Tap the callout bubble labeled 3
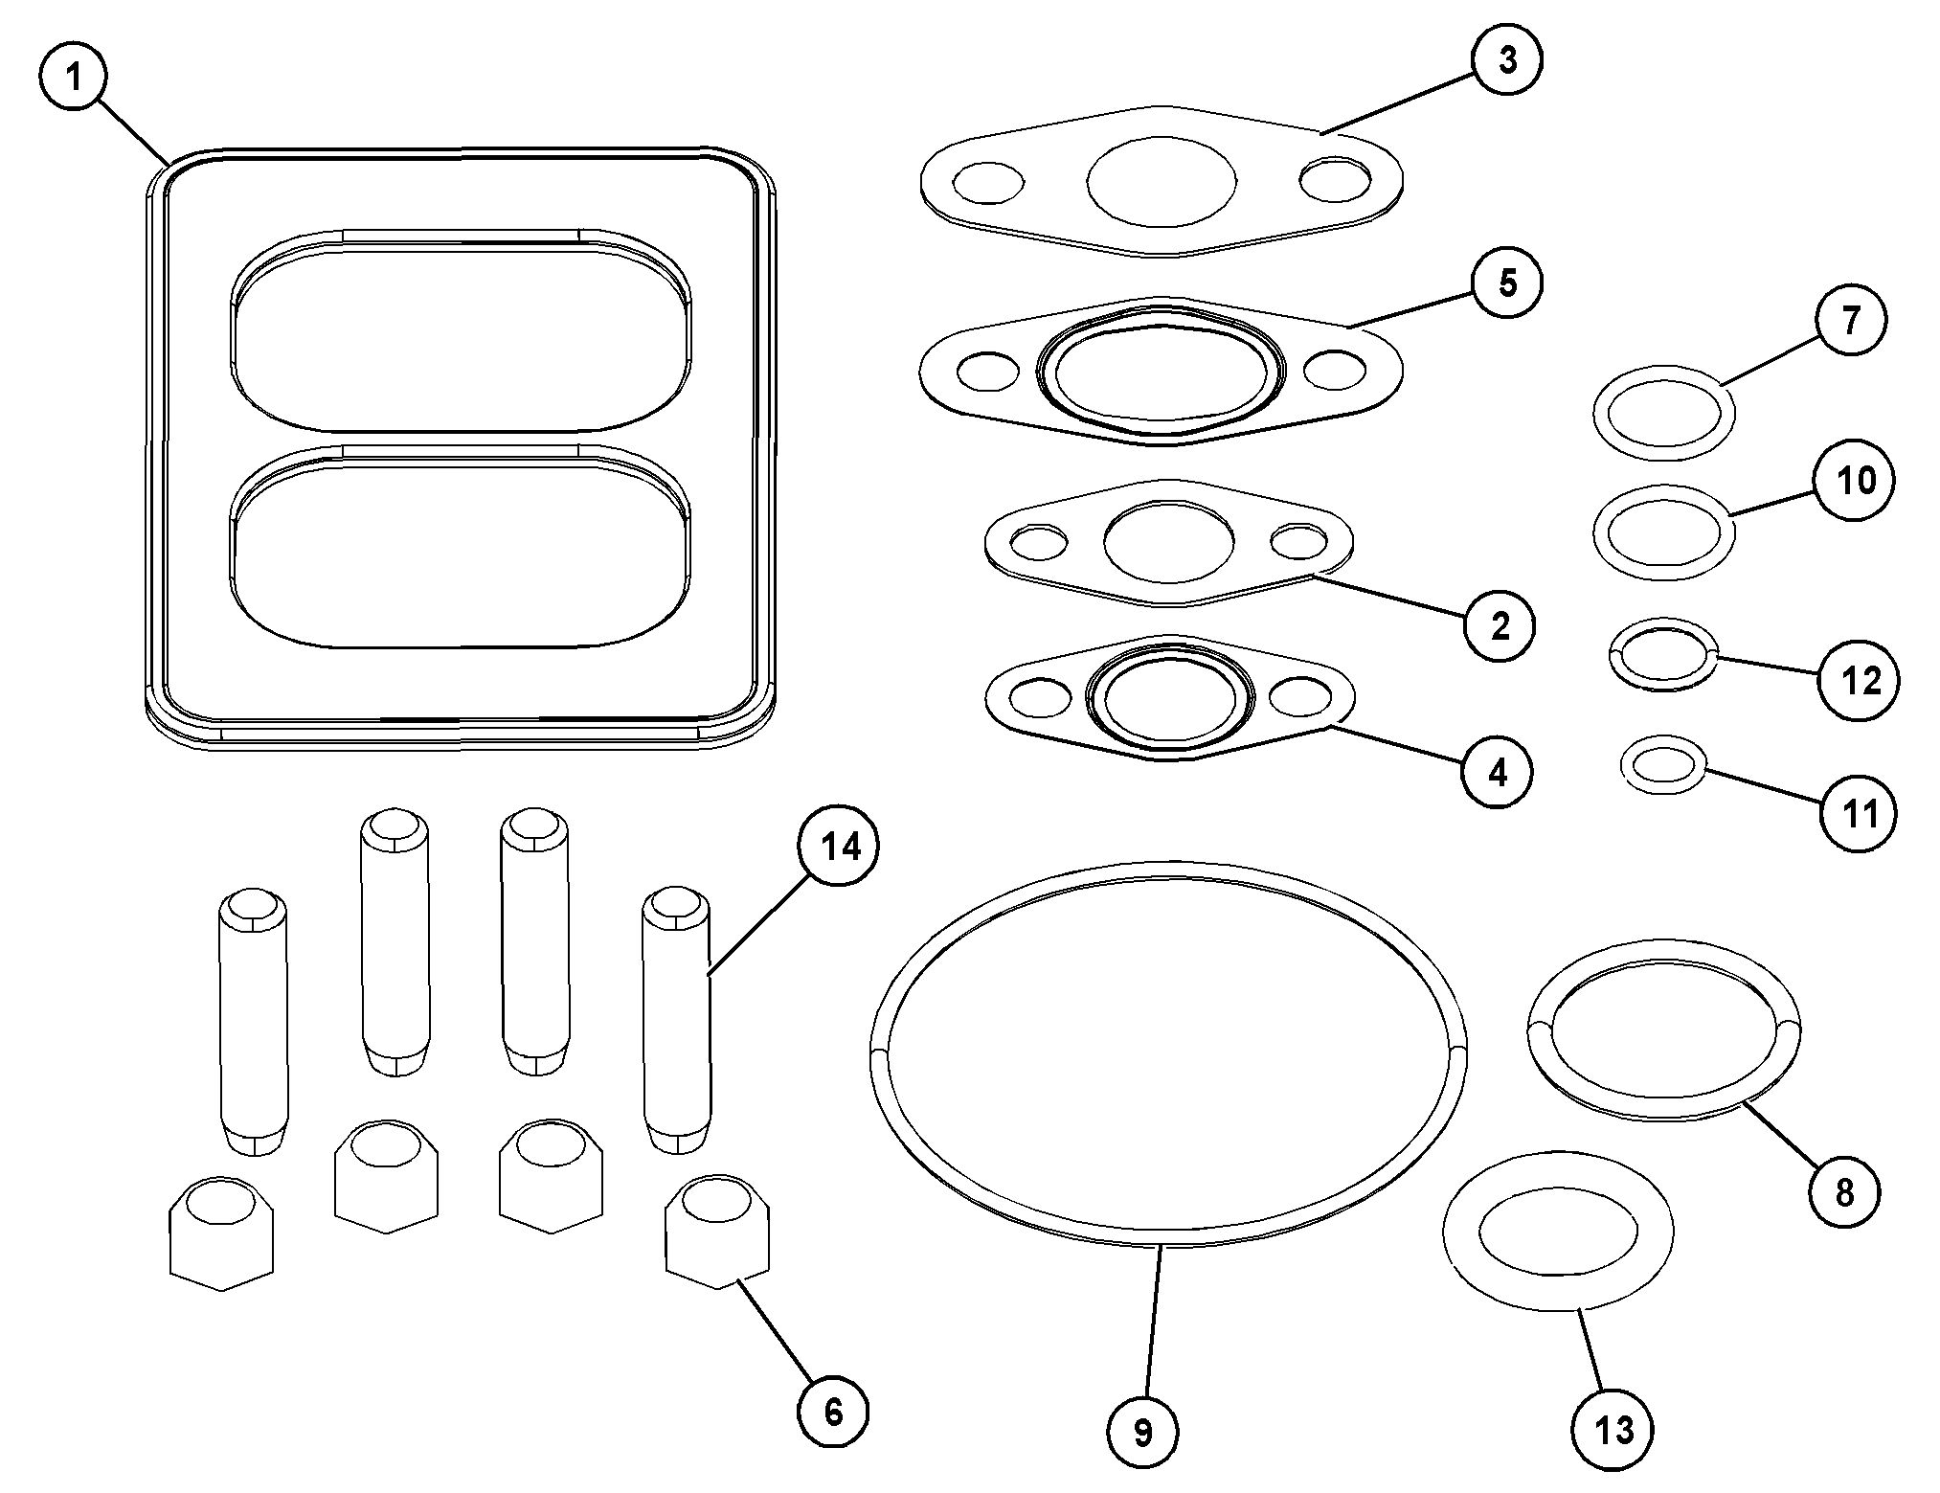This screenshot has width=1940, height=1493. [1507, 61]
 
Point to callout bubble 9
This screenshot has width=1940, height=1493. [1142, 1433]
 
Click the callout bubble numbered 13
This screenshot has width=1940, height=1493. [1613, 1431]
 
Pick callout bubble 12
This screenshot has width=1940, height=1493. [1861, 681]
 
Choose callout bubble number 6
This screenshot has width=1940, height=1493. [833, 1410]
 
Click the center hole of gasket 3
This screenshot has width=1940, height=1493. [1162, 182]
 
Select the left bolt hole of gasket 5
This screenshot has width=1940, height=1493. [987, 372]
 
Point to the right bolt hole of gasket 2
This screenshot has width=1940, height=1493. [1301, 542]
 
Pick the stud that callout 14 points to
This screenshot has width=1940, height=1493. [676, 1022]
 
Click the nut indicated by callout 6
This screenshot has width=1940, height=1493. [717, 1232]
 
